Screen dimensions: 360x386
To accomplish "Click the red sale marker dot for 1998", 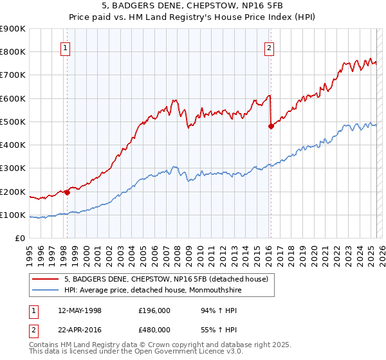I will (x=67, y=192).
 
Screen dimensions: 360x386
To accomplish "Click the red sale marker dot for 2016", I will (x=271, y=127).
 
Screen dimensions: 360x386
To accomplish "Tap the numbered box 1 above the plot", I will (x=66, y=47).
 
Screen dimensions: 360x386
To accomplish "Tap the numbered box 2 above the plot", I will (x=269, y=47).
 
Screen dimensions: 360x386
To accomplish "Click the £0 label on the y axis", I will (x=19, y=238).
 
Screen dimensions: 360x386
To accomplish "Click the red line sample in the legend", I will (x=45, y=278).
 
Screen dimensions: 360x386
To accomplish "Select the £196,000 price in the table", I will (x=154, y=310).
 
